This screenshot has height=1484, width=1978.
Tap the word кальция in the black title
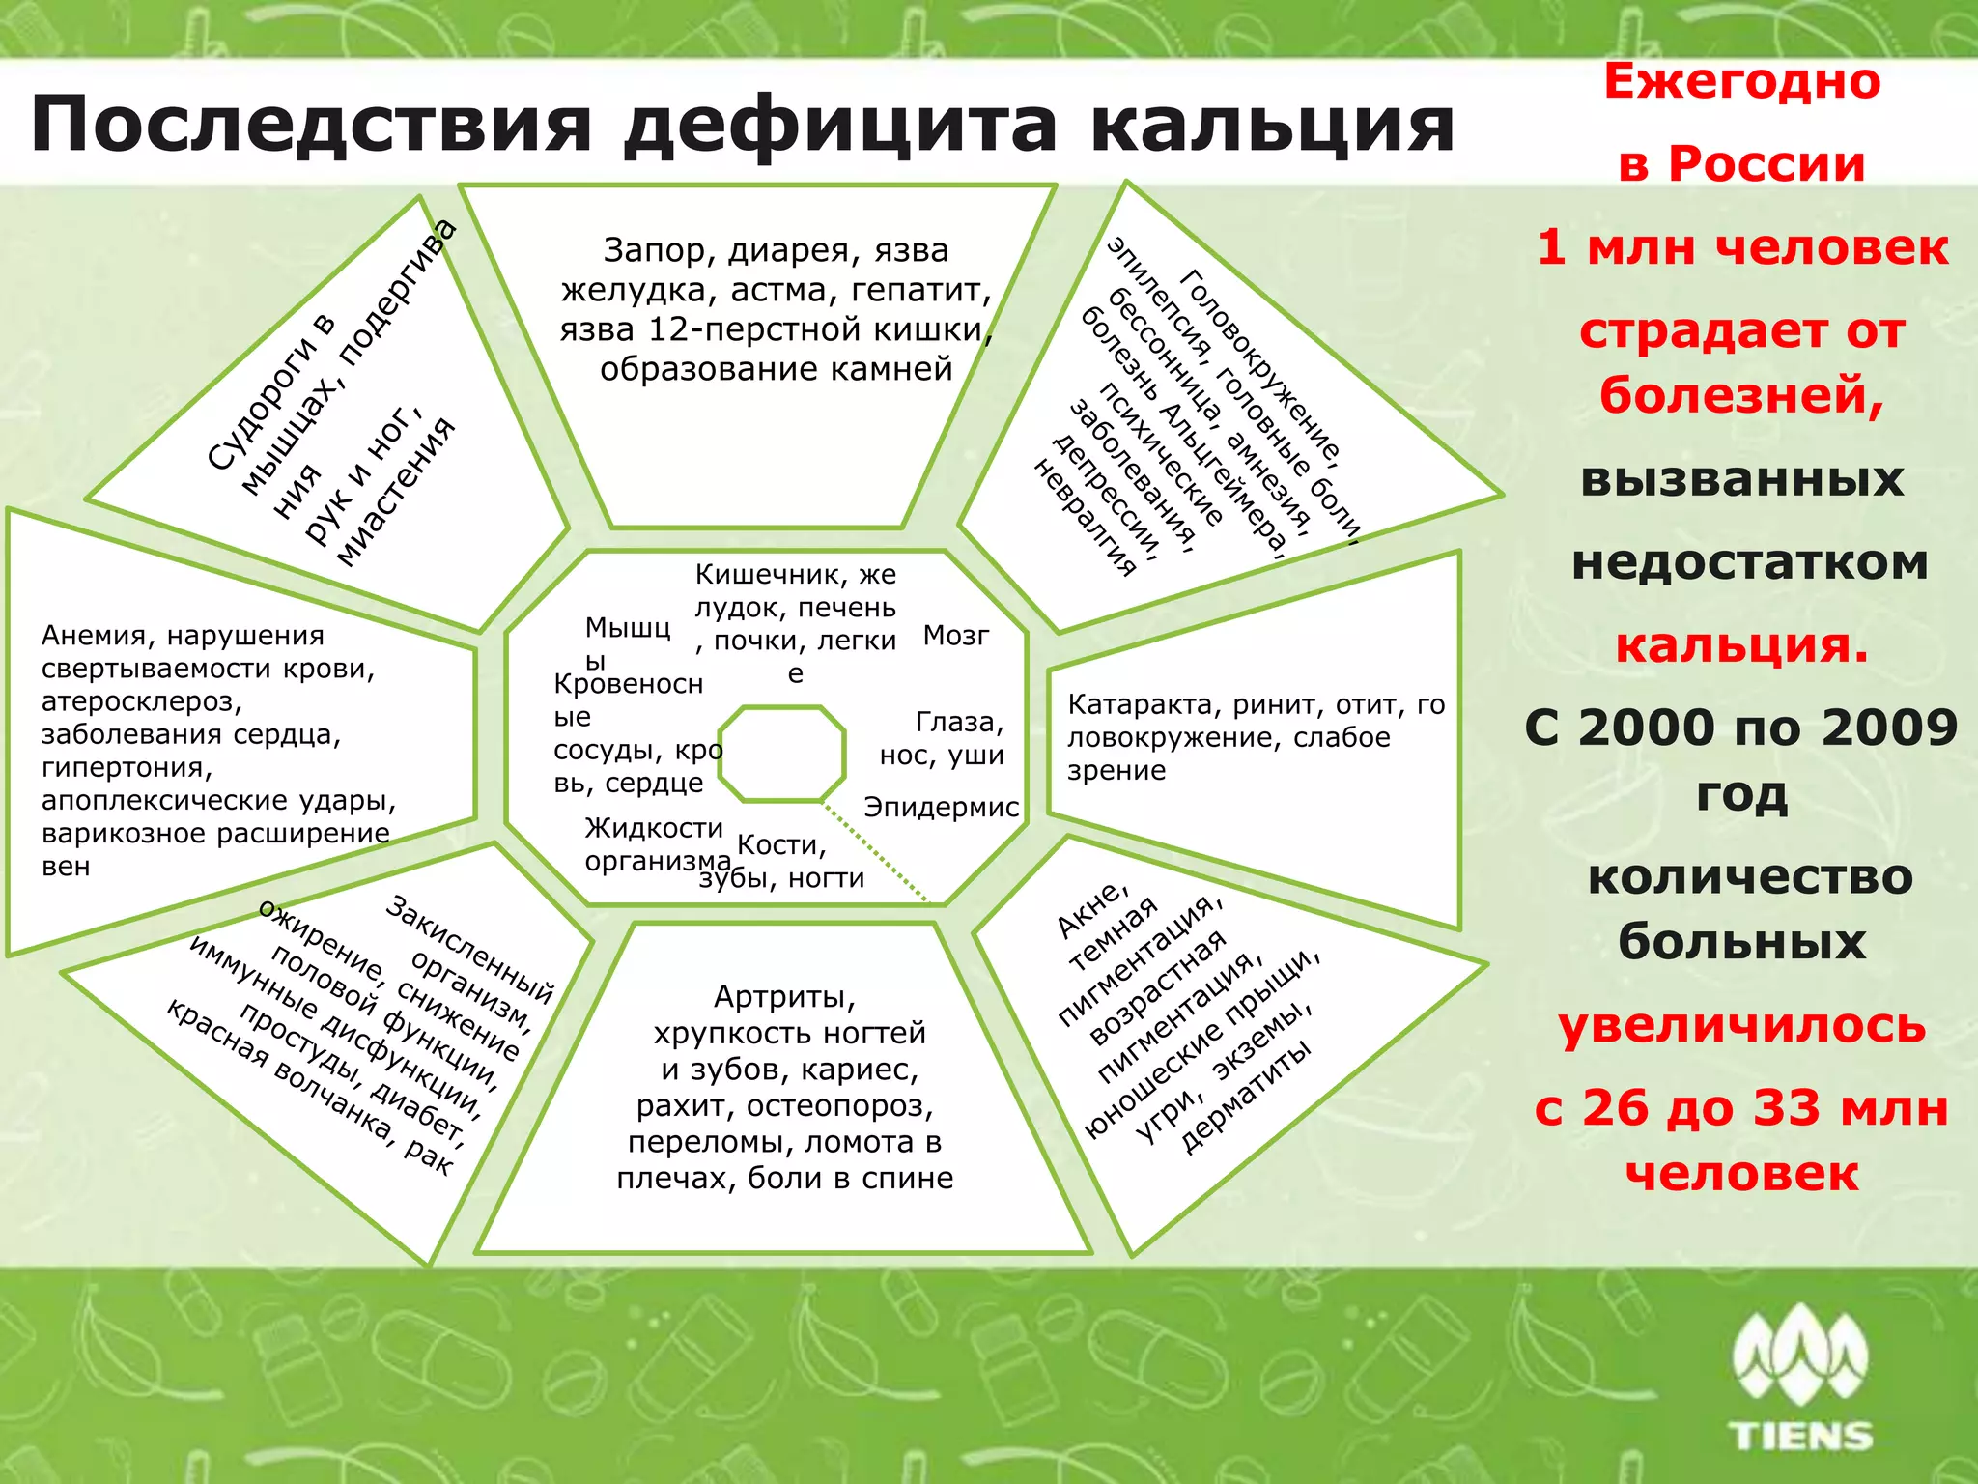[x=1272, y=126]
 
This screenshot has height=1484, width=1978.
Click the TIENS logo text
[x=1802, y=1436]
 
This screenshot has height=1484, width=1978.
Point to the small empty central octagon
[x=782, y=754]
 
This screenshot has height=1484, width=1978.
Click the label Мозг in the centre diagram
[x=956, y=636]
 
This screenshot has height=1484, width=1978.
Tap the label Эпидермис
[x=941, y=807]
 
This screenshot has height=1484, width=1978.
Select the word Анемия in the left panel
[x=99, y=636]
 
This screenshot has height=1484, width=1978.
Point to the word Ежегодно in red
[x=1742, y=81]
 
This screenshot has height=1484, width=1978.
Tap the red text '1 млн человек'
[x=1742, y=246]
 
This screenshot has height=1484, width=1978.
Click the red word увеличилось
[x=1742, y=1025]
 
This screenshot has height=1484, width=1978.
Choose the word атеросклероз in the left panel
[x=141, y=701]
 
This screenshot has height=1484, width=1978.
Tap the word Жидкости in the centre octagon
[x=654, y=828]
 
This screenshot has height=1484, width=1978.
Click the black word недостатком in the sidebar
[x=1749, y=562]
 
